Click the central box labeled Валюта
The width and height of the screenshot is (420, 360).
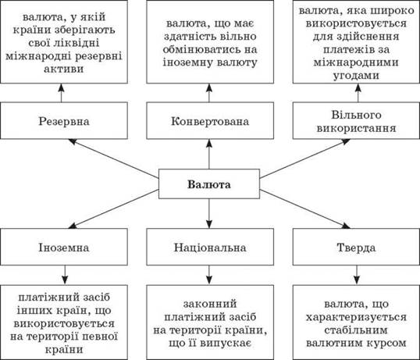209,184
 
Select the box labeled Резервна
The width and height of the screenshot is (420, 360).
64,120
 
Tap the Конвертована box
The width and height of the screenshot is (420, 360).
210,120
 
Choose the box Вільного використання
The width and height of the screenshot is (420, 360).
356,120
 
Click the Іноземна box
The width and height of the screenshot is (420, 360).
64,247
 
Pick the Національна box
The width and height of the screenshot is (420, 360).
210,247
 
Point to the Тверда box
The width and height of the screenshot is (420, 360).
356,247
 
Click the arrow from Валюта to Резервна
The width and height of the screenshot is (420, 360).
114,159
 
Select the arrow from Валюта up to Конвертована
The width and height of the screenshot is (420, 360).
209,154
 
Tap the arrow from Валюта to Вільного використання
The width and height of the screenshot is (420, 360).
304,159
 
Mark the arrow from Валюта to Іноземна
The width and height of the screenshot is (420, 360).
114,209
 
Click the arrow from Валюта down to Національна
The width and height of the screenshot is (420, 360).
209,213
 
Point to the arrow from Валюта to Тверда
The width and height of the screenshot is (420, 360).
304,209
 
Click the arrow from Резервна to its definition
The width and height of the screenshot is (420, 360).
62,93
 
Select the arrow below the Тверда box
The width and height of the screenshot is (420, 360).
357,275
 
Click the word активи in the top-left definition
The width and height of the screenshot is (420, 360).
64,69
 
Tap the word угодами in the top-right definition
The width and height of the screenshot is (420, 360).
356,76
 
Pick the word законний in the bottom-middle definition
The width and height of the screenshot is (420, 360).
210,304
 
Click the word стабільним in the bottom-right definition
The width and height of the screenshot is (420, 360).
356,330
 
